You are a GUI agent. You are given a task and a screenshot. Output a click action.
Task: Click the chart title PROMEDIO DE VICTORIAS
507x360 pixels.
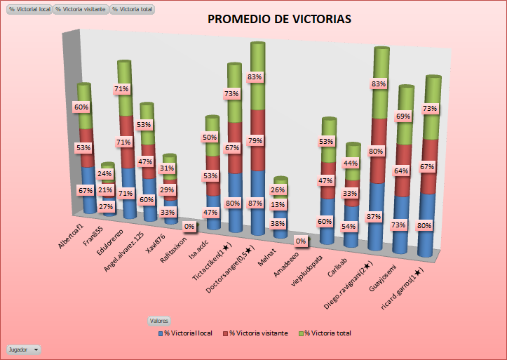pyautogui.click(x=280, y=19)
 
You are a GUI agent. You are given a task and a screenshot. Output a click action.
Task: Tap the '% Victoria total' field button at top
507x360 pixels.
pyautogui.click(x=133, y=10)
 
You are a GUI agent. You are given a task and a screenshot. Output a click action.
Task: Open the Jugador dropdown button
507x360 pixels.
pyautogui.click(x=24, y=349)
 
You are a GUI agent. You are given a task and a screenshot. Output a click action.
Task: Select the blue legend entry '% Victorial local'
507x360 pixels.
pyautogui.click(x=186, y=333)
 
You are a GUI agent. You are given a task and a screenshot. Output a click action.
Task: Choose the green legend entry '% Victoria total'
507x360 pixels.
pyautogui.click(x=325, y=333)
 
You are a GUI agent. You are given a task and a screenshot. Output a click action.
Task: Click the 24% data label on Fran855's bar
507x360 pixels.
pyautogui.click(x=105, y=174)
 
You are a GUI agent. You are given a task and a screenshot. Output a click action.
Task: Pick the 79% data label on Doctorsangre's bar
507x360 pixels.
pyautogui.click(x=255, y=141)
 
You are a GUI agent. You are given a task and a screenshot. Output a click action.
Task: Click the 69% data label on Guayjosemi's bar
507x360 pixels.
pyautogui.click(x=403, y=116)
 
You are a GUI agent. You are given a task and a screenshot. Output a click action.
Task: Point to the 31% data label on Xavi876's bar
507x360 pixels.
pyautogui.click(x=167, y=168)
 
